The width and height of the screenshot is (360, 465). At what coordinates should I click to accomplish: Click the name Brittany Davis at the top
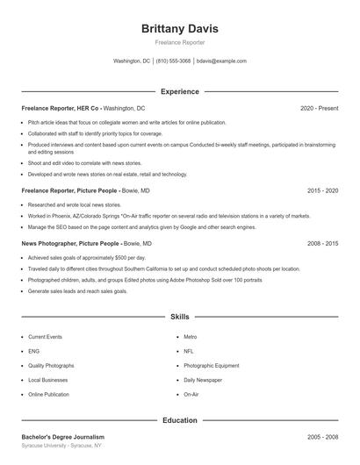point(180,29)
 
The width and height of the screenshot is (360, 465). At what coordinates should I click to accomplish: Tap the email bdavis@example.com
point(221,61)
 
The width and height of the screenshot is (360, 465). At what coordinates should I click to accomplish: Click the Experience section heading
point(180,91)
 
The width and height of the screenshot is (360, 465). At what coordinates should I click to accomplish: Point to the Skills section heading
point(180,316)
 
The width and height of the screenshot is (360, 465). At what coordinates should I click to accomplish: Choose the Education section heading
point(180,420)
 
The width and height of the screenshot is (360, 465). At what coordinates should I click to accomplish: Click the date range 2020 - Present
point(319,108)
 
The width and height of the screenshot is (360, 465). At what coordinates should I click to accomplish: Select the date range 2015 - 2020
point(322,190)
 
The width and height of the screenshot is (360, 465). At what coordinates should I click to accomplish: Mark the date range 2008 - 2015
point(322,243)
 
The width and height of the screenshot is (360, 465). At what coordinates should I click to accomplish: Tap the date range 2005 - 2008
point(322,436)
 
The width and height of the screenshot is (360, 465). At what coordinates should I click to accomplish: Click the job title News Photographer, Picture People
point(70,243)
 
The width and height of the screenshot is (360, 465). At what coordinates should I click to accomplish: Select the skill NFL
point(190,351)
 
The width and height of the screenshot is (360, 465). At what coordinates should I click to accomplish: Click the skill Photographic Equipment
point(211,365)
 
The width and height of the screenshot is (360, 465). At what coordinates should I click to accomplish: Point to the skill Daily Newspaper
point(203,380)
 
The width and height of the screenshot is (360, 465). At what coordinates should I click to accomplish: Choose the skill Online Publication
point(48,395)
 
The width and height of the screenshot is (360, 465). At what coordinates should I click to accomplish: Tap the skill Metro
point(191,336)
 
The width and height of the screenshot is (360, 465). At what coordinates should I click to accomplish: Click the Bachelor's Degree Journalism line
point(63,436)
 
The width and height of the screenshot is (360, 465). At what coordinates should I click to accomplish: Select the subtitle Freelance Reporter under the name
point(180,42)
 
